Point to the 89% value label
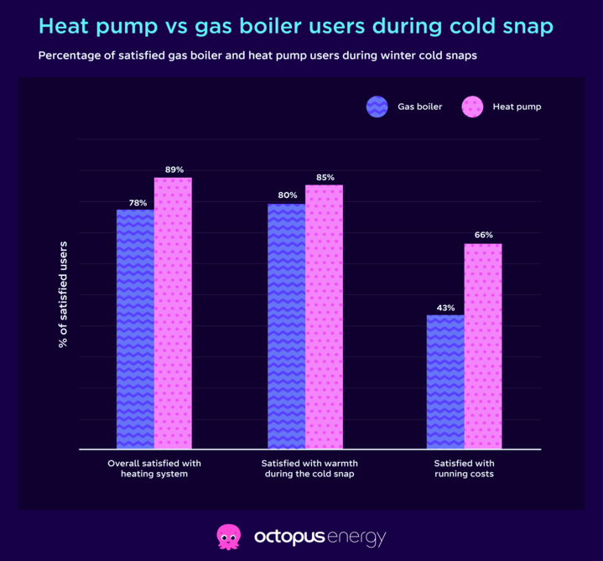[x=174, y=169]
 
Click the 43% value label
[x=445, y=308]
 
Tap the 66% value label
[x=484, y=236]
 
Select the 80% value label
[x=288, y=195]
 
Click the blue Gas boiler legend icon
[x=377, y=106]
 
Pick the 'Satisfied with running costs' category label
[x=464, y=469]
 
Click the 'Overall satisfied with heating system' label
[x=154, y=469]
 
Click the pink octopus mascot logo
[x=229, y=536]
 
